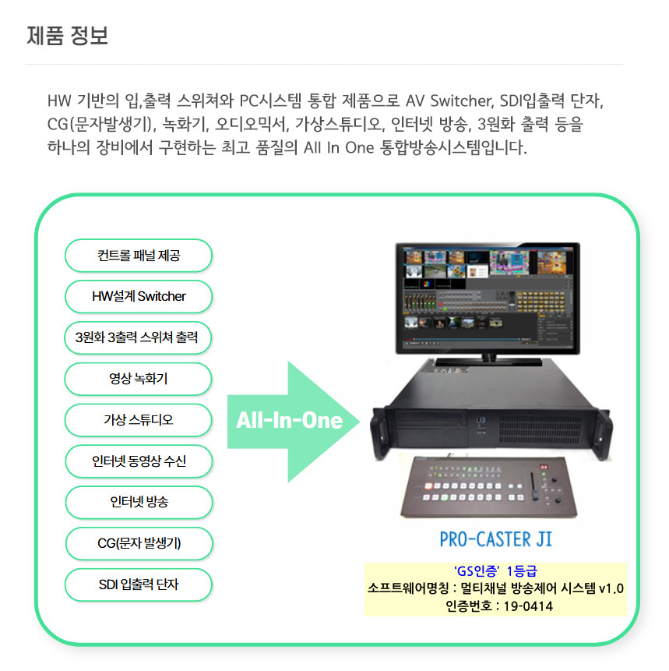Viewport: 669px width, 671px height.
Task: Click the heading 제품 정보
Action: click(x=67, y=36)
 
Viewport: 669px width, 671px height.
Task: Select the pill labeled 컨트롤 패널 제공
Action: click(x=139, y=256)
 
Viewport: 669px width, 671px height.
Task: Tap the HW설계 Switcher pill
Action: click(x=139, y=296)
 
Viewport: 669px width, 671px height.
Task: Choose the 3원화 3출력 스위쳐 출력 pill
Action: click(x=139, y=337)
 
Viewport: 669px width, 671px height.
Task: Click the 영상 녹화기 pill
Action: click(x=139, y=379)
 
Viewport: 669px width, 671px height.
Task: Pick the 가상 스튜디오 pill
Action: click(x=139, y=420)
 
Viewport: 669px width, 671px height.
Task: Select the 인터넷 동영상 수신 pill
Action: click(x=139, y=461)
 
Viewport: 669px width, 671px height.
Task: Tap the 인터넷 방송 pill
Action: click(x=139, y=502)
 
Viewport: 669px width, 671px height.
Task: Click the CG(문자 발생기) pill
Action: click(x=139, y=543)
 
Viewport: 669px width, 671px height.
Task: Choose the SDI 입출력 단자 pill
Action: click(x=139, y=584)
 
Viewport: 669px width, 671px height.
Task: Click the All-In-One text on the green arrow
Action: click(x=289, y=422)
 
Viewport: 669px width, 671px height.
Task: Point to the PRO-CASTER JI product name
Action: click(x=496, y=539)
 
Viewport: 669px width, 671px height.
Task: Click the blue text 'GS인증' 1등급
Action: click(x=495, y=570)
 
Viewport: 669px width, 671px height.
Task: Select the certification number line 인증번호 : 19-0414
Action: click(x=495, y=606)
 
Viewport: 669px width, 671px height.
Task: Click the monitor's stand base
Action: click(x=487, y=358)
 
